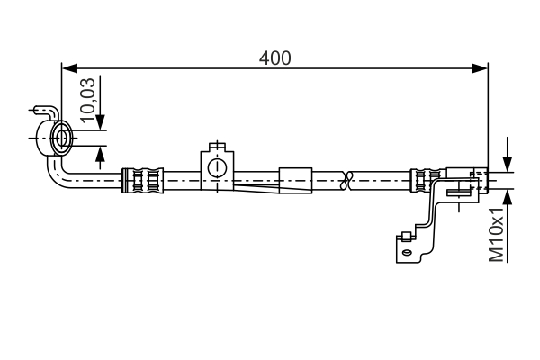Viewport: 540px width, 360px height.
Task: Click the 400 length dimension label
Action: point(274,58)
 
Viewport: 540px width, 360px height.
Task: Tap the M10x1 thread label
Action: point(496,233)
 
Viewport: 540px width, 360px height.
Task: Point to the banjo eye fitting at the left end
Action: point(63,139)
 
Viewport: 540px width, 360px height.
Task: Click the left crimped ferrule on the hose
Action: point(144,180)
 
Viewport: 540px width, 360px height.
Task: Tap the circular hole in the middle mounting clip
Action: point(216,167)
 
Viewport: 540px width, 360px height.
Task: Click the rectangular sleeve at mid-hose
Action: point(295,180)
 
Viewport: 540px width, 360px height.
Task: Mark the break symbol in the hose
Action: point(347,180)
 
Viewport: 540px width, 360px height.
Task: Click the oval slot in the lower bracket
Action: point(408,253)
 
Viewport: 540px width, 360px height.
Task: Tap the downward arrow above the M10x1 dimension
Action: point(508,163)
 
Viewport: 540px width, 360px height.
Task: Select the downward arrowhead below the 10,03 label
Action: point(99,124)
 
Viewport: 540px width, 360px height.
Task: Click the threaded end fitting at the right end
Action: point(468,180)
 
